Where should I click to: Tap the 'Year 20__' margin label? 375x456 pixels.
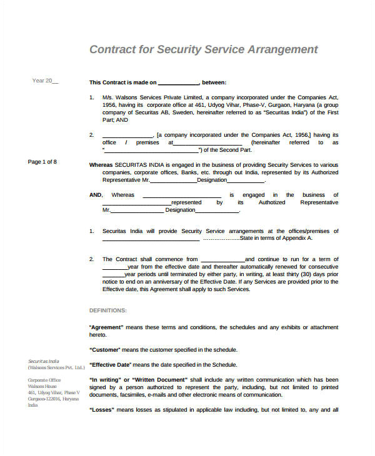click(x=45, y=81)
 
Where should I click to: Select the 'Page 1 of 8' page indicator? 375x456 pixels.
click(x=42, y=162)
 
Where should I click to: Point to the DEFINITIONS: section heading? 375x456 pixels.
click(x=108, y=310)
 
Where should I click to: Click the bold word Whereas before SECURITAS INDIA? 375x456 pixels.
click(x=101, y=164)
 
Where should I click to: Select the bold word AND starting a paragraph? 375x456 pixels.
click(x=95, y=195)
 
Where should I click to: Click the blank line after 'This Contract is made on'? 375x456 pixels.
click(x=178, y=82)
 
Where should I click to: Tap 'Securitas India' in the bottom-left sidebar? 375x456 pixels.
click(x=43, y=361)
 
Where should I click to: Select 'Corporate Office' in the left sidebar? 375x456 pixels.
click(x=44, y=380)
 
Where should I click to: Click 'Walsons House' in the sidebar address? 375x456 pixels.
click(x=42, y=386)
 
